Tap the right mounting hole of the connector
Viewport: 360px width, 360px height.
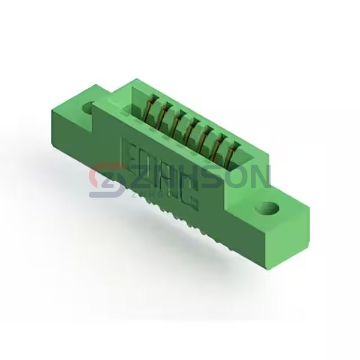[x=268, y=210]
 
